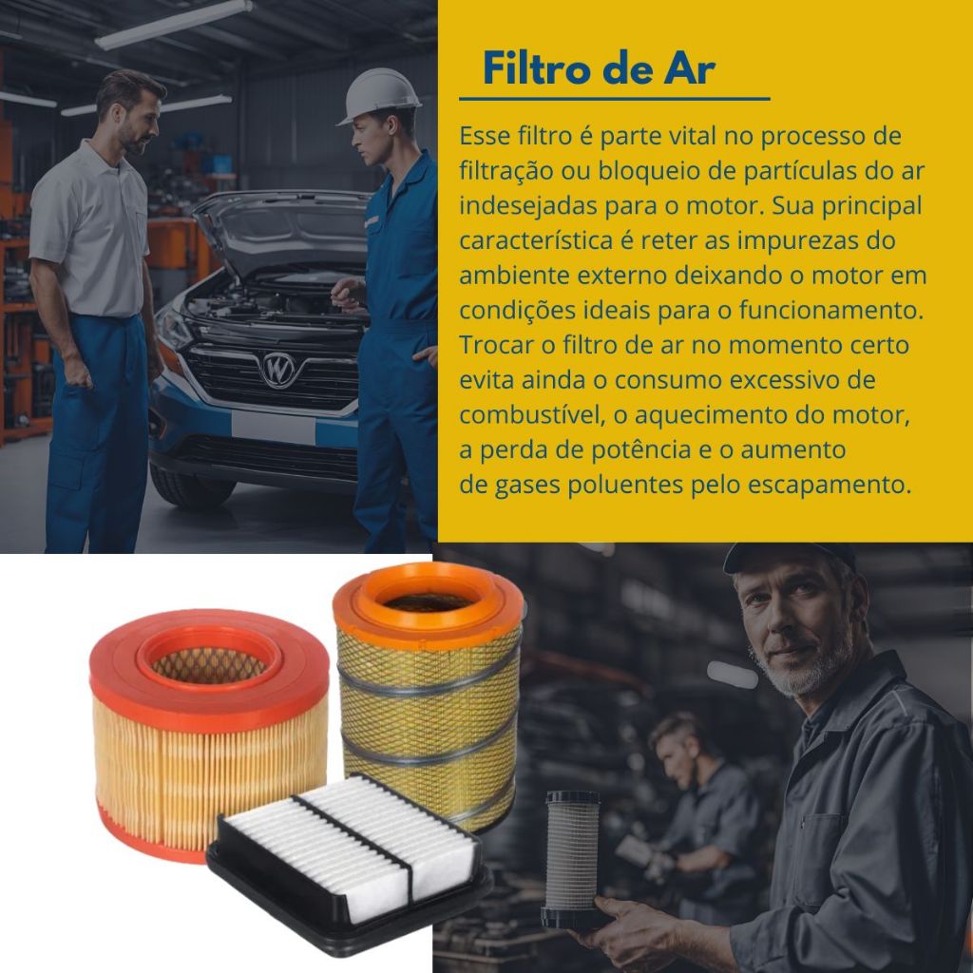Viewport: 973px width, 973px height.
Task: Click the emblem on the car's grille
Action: [x=278, y=370]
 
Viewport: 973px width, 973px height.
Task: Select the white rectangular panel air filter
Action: [x=350, y=862]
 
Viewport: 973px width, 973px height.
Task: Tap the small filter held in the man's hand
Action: [x=571, y=858]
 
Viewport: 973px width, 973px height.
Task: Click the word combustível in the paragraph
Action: [x=532, y=415]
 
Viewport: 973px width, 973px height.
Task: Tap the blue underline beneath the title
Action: [x=615, y=99]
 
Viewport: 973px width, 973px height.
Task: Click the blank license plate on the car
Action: [x=273, y=427]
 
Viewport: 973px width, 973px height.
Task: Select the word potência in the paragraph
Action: [x=641, y=449]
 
